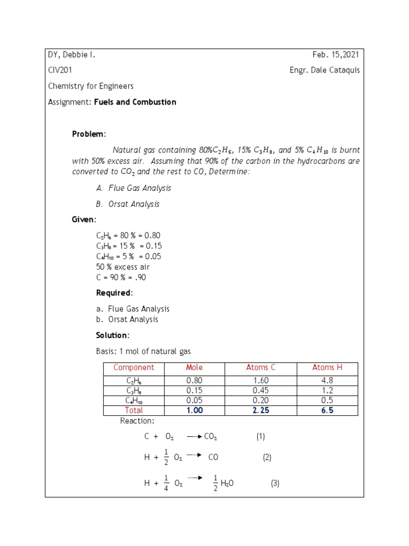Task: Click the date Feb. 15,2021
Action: [336, 54]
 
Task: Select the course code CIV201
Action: [60, 70]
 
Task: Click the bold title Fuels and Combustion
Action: [135, 102]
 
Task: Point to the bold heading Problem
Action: [89, 134]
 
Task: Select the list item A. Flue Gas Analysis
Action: [134, 188]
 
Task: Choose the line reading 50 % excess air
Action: [123, 267]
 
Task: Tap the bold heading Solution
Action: [112, 335]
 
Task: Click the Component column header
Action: [134, 367]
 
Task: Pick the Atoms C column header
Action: [261, 367]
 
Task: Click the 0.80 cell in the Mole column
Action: [194, 381]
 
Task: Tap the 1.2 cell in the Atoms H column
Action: [327, 391]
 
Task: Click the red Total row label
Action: [134, 411]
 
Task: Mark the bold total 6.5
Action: [327, 411]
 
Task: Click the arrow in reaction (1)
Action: [194, 437]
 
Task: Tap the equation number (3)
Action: [275, 484]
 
